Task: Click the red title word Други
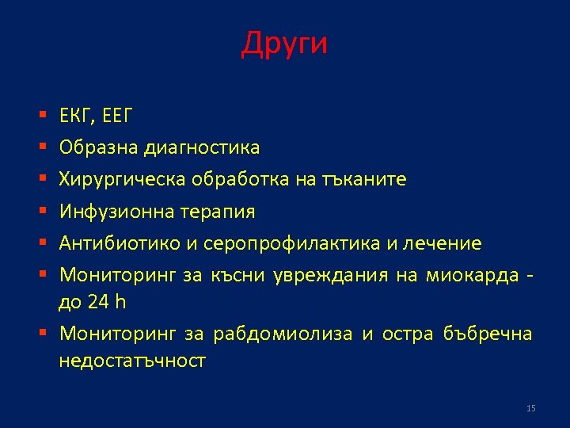point(284,44)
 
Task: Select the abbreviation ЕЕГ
point(116,117)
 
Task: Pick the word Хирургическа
point(121,179)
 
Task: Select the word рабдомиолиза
point(283,334)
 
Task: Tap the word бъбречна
point(496,334)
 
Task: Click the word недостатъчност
point(132,361)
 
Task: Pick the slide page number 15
point(530,408)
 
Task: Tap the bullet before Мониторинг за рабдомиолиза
point(40,334)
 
